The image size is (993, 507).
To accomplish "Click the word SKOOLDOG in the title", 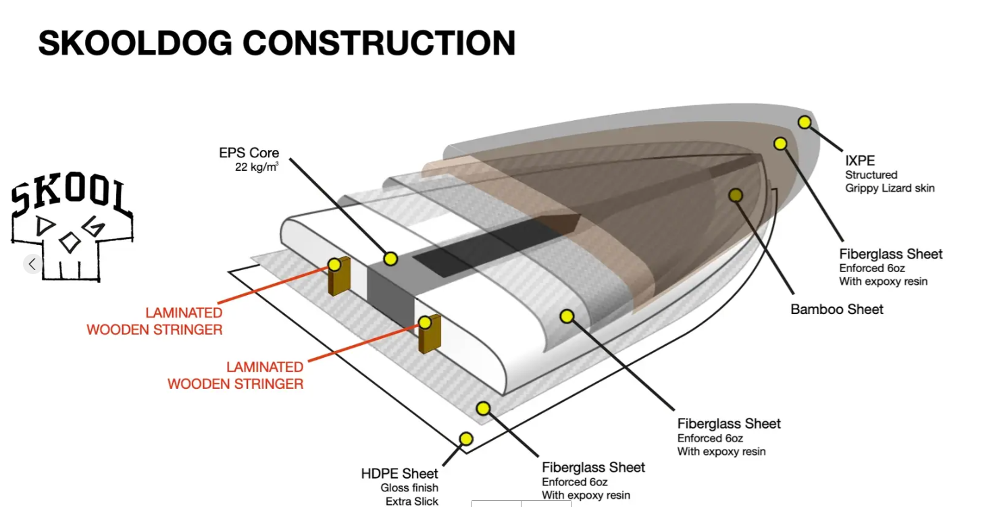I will pyautogui.click(x=135, y=44).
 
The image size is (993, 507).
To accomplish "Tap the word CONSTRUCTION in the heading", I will pyautogui.click(x=379, y=44).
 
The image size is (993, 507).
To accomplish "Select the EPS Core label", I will pyautogui.click(x=249, y=153).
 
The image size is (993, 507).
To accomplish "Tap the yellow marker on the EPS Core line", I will pyautogui.click(x=390, y=259).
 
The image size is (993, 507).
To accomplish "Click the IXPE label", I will pyautogui.click(x=860, y=161).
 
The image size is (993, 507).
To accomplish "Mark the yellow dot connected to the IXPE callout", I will pyautogui.click(x=804, y=122).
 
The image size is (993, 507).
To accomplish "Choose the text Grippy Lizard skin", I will pyautogui.click(x=890, y=188).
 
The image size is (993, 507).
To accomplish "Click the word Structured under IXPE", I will pyautogui.click(x=871, y=175).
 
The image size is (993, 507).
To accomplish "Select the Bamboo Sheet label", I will pyautogui.click(x=836, y=309).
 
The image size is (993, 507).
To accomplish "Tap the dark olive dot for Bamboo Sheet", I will pyautogui.click(x=736, y=195).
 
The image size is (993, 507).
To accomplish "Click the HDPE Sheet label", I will pyautogui.click(x=399, y=474).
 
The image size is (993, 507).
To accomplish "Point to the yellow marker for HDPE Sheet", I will pyautogui.click(x=465, y=439).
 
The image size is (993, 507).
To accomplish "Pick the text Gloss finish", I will pyautogui.click(x=409, y=487).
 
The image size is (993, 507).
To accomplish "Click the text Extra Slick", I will pyautogui.click(x=411, y=501).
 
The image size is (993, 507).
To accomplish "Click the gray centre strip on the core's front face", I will pyautogui.click(x=390, y=297).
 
